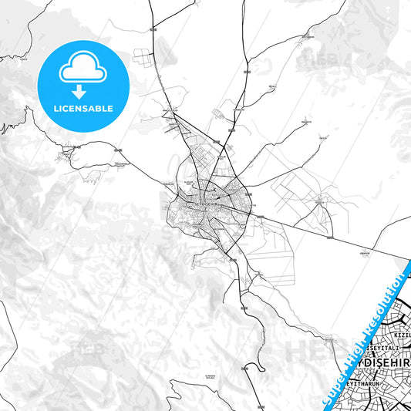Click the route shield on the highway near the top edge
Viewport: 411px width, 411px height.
[151, 28]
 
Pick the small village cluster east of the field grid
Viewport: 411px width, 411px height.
[318, 201]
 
